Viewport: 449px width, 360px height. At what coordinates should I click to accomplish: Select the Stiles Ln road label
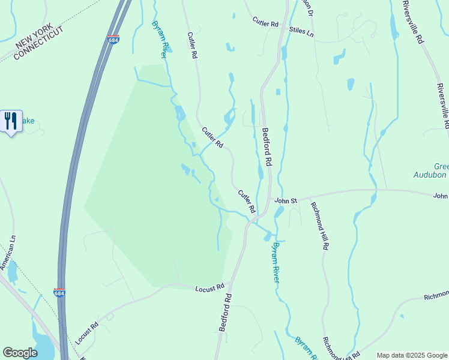tap(302, 30)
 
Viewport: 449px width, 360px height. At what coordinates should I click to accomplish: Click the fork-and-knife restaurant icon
tap(11, 121)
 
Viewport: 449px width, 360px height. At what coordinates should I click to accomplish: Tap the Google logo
tap(20, 353)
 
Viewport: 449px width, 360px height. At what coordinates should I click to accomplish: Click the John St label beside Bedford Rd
tap(286, 200)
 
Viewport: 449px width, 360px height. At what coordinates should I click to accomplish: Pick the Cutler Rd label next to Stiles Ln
tap(266, 23)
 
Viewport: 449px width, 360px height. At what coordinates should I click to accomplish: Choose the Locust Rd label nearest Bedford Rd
tap(209, 289)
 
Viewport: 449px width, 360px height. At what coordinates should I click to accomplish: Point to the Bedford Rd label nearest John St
tap(267, 146)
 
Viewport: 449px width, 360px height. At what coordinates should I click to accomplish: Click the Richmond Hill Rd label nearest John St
tap(319, 226)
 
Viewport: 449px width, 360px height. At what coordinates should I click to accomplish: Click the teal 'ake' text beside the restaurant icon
tap(29, 121)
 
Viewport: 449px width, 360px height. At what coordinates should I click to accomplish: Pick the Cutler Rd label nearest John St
tap(247, 202)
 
